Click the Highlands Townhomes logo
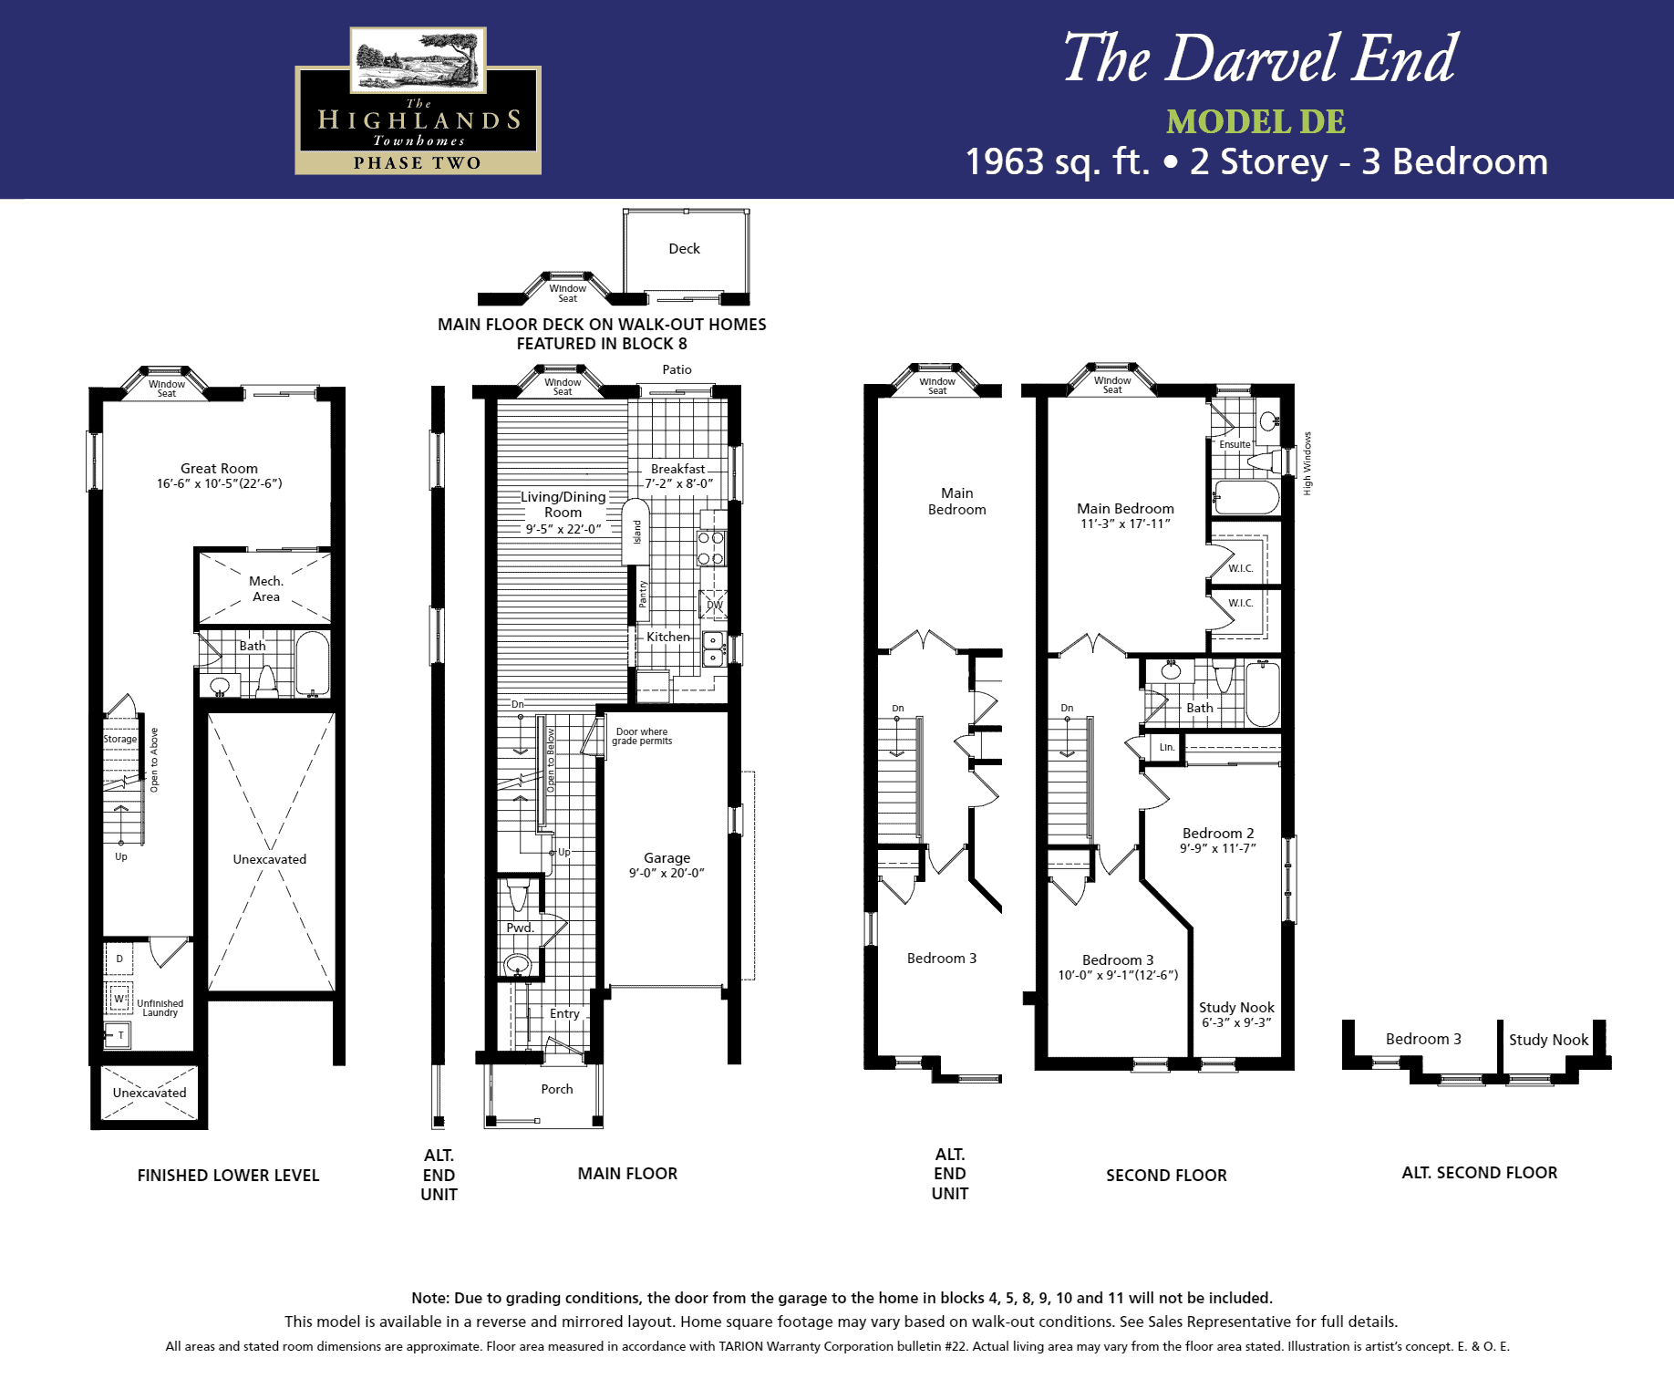point(418,100)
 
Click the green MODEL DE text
point(1255,121)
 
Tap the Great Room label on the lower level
point(219,468)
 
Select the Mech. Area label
point(266,588)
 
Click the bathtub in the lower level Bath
point(312,663)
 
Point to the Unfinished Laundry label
point(160,1008)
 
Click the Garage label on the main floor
point(666,857)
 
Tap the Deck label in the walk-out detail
point(684,248)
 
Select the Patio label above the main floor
point(677,369)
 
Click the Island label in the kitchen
point(637,532)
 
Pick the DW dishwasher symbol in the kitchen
point(714,605)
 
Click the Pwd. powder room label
point(520,928)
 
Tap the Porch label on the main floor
point(557,1089)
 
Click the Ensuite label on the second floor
point(1235,444)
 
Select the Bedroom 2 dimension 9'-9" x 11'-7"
point(1217,848)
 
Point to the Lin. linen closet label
point(1167,747)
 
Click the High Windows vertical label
point(1307,463)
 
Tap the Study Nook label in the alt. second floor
point(1548,1040)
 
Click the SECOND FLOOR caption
point(1166,1175)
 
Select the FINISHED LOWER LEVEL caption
point(228,1175)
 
